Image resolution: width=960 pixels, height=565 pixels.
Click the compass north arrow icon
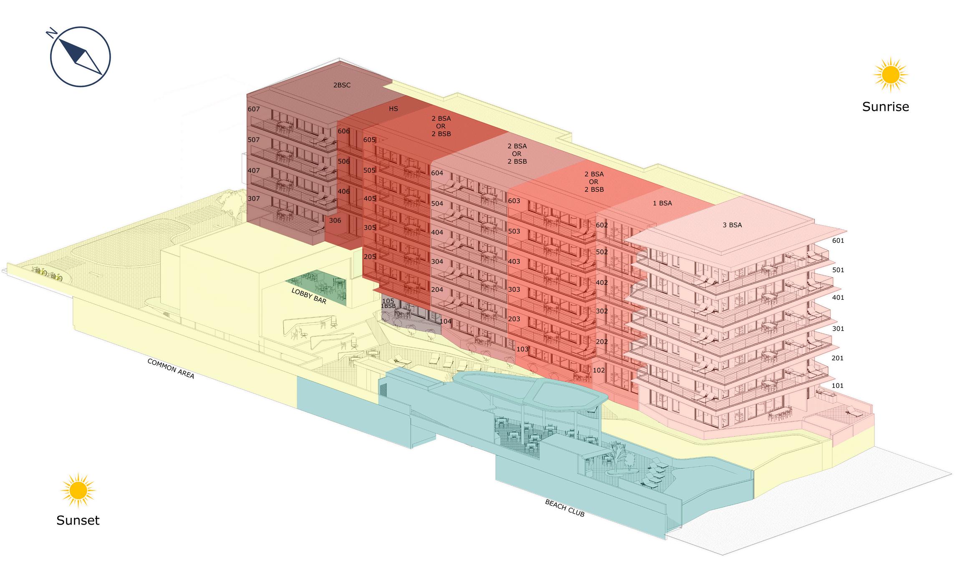pyautogui.click(x=80, y=56)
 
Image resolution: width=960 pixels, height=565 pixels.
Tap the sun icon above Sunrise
pyautogui.click(x=891, y=75)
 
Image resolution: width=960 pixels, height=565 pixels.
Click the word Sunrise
pyautogui.click(x=885, y=107)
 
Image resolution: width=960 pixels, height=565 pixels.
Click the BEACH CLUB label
pyautogui.click(x=564, y=508)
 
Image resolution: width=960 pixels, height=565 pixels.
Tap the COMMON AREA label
pyautogui.click(x=171, y=368)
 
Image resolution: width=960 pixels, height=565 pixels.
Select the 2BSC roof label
pyautogui.click(x=342, y=85)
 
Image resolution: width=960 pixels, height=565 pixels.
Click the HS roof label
pyautogui.click(x=393, y=109)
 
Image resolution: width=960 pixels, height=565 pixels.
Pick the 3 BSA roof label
pyautogui.click(x=732, y=225)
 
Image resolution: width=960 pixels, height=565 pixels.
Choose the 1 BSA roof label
pyautogui.click(x=663, y=203)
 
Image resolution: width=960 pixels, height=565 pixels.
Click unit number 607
pyautogui.click(x=254, y=109)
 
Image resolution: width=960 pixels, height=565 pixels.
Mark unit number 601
pyautogui.click(x=838, y=241)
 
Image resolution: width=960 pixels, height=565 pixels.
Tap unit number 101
pyautogui.click(x=837, y=386)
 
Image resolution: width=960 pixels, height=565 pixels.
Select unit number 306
pyautogui.click(x=335, y=221)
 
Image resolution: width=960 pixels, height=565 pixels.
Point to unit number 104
pyautogui.click(x=446, y=321)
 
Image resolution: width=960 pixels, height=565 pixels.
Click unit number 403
pyautogui.click(x=514, y=262)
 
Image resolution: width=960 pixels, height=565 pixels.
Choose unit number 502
pyautogui.click(x=602, y=252)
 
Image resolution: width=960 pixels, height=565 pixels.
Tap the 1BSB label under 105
pyautogui.click(x=388, y=306)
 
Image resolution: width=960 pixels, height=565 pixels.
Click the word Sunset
pyautogui.click(x=78, y=520)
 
